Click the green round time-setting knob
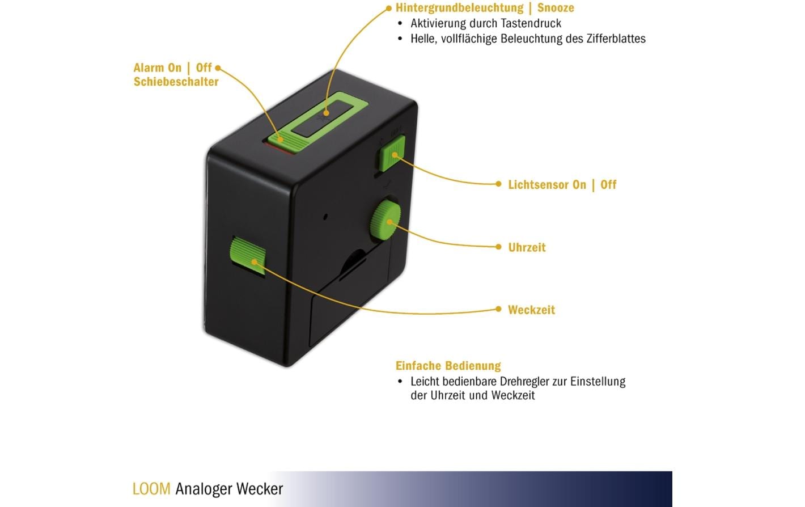click(386, 221)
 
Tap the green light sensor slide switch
click(392, 154)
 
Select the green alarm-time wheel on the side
click(248, 255)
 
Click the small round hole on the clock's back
click(325, 217)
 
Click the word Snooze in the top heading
click(556, 8)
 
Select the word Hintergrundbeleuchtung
click(460, 8)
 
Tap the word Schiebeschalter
click(176, 82)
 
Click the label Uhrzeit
click(527, 247)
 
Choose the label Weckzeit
click(532, 310)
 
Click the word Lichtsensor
click(547, 185)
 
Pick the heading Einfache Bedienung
click(448, 366)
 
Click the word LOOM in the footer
click(151, 489)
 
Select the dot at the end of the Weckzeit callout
click(498, 309)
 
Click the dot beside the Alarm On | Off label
click(218, 67)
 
